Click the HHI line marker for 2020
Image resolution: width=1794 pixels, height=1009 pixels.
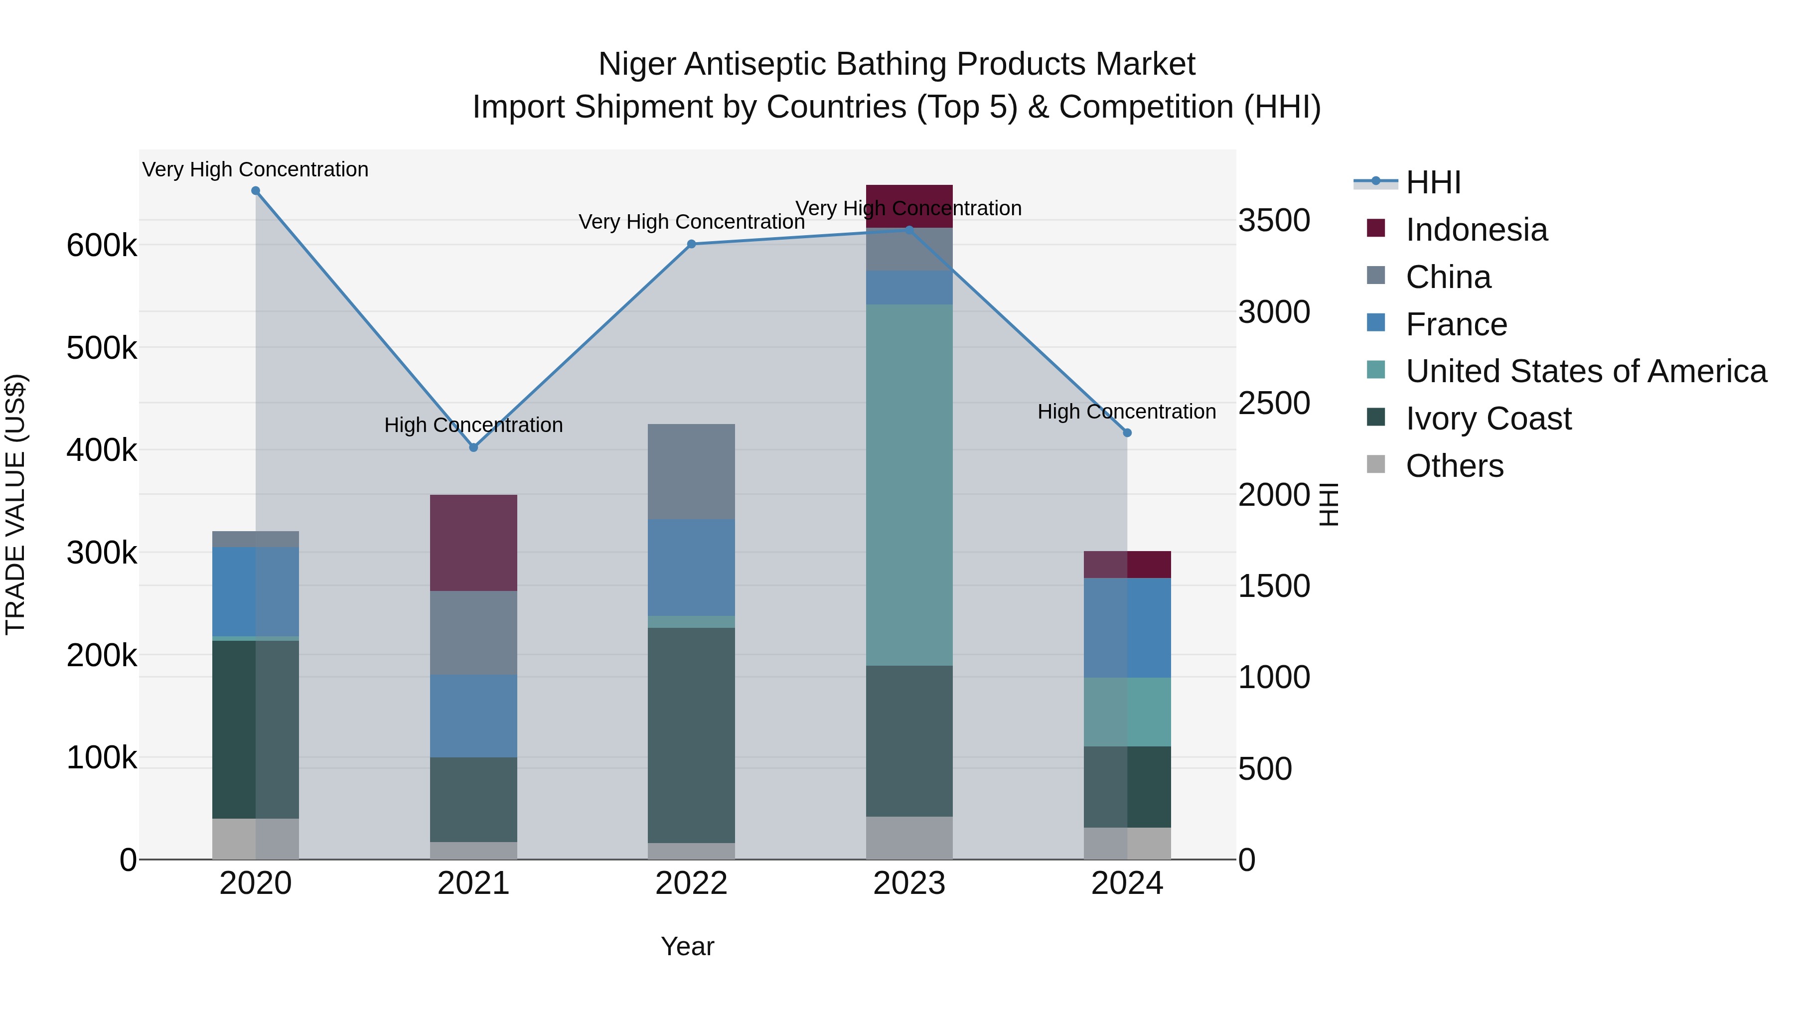click(x=256, y=191)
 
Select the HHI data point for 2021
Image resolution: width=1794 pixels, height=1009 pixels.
click(x=473, y=448)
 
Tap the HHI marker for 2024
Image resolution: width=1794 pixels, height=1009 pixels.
click(x=1128, y=433)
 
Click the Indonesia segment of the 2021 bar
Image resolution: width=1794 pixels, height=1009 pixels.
click(x=473, y=543)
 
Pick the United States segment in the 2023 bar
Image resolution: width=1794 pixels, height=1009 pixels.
click(x=909, y=485)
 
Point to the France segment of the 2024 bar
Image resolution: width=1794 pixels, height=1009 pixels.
click(x=1128, y=627)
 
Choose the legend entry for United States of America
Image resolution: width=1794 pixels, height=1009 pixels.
click(x=1586, y=371)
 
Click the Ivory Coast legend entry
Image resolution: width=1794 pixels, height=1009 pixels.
click(x=1488, y=419)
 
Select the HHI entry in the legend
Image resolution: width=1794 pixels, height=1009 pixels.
click(x=1433, y=182)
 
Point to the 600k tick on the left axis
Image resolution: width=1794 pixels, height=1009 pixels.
click(x=102, y=245)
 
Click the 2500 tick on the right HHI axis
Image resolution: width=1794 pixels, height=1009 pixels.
click(x=1274, y=403)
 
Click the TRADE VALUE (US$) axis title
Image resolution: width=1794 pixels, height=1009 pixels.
click(x=15, y=504)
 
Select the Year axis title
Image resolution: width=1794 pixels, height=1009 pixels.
click(x=687, y=946)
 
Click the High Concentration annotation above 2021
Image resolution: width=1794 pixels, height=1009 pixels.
click(x=473, y=425)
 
